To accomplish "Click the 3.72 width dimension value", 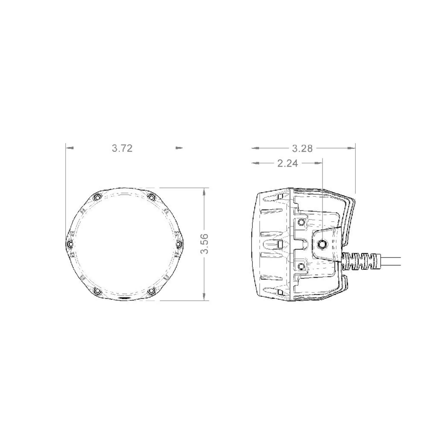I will (122, 148).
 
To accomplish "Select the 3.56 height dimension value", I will (205, 244).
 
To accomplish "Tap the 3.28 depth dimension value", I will (302, 148).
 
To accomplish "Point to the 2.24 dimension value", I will (287, 163).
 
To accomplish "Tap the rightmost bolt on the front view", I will (179, 244).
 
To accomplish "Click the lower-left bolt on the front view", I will (97, 290).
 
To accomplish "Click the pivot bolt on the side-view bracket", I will (322, 244).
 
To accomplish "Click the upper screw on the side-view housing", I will (301, 223).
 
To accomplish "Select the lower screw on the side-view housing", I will (301, 266).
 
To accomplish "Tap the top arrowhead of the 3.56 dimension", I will (205, 191).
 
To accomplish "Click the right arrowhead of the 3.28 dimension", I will (352, 148).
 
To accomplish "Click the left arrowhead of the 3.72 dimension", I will (70, 148).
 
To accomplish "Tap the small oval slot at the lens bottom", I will (124, 299).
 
